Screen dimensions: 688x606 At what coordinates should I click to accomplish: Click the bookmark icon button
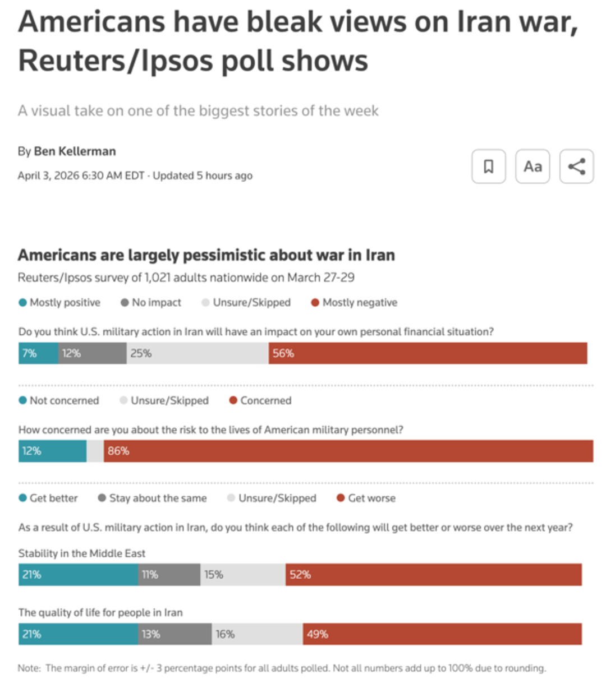(x=488, y=167)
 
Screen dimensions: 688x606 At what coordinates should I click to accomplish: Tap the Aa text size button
(x=532, y=167)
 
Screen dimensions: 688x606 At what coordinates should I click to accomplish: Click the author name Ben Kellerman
(x=75, y=151)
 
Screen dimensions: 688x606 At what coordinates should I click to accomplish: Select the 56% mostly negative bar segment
(x=428, y=353)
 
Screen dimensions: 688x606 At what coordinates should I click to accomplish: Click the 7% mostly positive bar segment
(x=38, y=353)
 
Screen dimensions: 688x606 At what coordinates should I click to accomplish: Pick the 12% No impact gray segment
(x=92, y=353)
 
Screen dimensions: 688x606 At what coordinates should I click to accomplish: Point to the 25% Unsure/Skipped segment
(x=197, y=353)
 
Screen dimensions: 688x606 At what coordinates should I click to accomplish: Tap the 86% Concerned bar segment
(x=348, y=451)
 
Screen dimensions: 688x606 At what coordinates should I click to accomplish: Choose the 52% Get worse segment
(x=433, y=575)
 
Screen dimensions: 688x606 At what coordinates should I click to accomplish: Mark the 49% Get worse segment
(x=442, y=634)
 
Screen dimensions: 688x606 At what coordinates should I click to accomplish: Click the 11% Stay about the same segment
(x=169, y=575)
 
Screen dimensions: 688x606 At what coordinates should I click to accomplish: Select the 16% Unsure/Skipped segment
(x=257, y=634)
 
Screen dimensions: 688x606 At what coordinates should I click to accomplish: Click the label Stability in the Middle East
(x=82, y=553)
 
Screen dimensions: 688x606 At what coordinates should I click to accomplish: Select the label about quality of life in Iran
(x=100, y=613)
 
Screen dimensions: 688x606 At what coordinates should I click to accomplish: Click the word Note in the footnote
(x=29, y=668)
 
